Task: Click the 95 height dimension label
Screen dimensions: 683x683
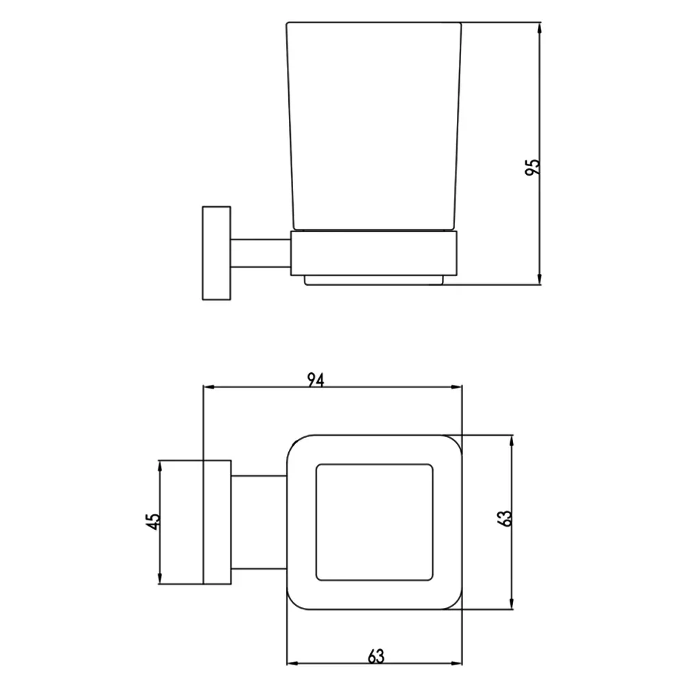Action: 532,167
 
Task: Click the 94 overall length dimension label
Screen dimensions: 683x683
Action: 316,380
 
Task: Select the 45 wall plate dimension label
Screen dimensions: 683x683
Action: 152,521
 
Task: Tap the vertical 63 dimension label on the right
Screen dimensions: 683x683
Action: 504,518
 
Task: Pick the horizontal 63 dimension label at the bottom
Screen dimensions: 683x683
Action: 376,656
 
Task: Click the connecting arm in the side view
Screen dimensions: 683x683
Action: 260,253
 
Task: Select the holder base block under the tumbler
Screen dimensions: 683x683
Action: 374,253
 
